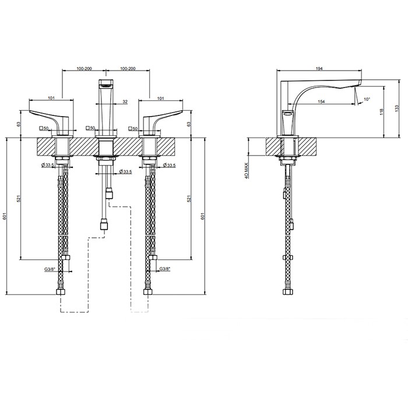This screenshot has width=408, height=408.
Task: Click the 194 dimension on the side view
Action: pos(319,68)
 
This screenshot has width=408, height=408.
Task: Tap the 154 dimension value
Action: pos(322,101)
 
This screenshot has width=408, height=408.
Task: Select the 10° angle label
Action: pos(367,99)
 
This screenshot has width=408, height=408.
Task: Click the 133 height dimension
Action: pos(396,108)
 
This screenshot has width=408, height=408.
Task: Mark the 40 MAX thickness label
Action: pos(246,170)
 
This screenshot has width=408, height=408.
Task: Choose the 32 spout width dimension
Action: pos(125,102)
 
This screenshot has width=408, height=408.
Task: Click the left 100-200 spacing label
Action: pos(84,69)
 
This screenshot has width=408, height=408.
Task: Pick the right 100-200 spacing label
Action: pos(128,69)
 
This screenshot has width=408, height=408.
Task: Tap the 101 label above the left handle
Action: pos(51,98)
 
